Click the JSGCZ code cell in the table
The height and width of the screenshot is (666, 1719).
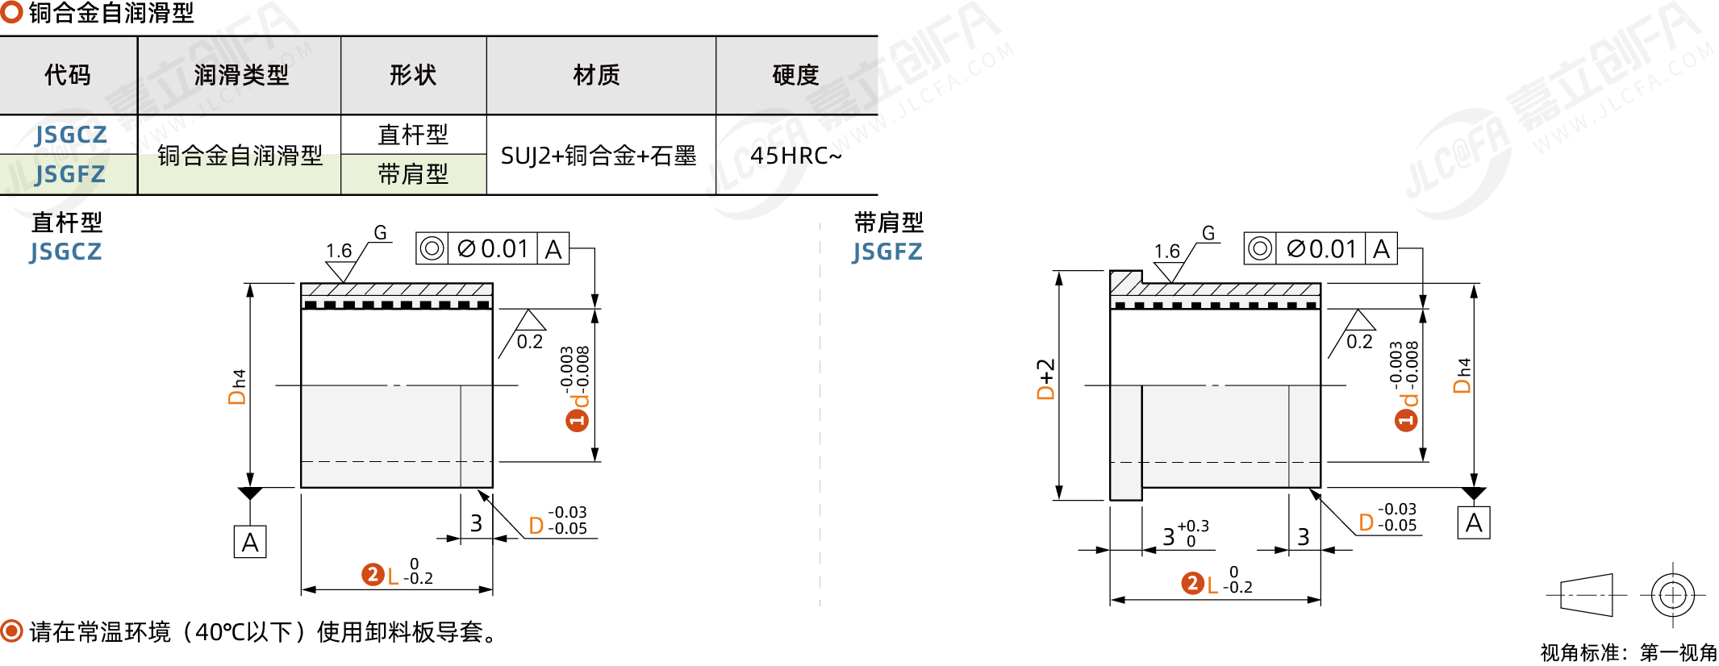(70, 135)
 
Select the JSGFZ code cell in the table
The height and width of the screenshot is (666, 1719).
(70, 174)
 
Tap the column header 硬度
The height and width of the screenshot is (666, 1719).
(795, 75)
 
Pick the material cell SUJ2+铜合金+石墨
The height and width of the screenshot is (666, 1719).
(599, 156)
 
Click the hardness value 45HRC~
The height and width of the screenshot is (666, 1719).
(795, 156)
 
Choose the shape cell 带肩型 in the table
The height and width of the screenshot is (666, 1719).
(413, 174)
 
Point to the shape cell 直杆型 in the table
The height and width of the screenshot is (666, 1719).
(413, 135)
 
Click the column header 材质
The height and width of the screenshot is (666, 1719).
(597, 75)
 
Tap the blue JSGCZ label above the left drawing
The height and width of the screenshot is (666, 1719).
(66, 252)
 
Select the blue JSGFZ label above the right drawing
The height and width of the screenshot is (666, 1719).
(887, 252)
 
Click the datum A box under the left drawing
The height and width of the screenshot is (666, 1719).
(250, 542)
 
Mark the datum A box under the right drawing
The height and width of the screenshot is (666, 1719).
(1474, 523)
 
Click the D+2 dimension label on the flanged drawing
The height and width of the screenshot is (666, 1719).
(1045, 379)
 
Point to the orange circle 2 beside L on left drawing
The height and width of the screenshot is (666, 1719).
(372, 574)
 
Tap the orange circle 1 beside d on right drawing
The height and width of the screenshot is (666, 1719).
(1406, 419)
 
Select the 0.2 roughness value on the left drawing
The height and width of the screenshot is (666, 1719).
(530, 342)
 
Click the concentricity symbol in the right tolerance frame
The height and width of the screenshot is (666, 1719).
(1260, 248)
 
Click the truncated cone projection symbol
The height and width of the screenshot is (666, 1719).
(1586, 595)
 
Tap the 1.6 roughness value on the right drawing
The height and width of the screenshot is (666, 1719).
(1166, 252)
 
